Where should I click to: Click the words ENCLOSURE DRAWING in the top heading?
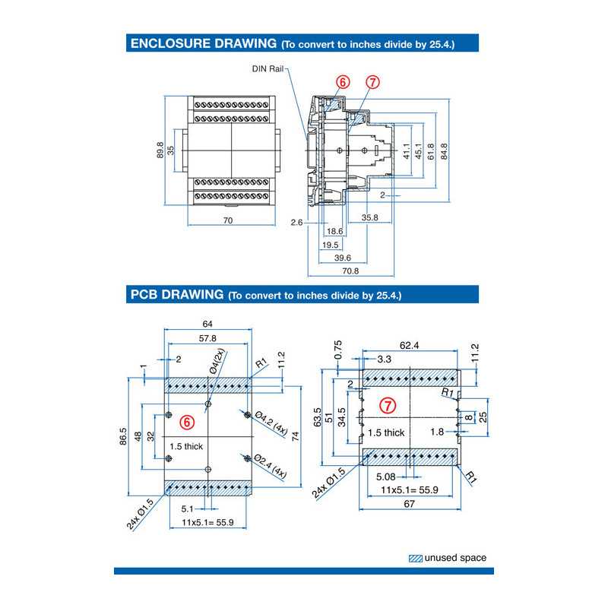(202, 43)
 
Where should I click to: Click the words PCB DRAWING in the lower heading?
(177, 294)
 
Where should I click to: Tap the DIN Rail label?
(268, 68)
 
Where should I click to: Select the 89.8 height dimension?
(160, 150)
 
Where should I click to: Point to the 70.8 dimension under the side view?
(350, 271)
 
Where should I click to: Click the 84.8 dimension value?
(443, 151)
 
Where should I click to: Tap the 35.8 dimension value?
(370, 217)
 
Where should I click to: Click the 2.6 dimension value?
(297, 222)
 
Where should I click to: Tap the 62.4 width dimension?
(410, 346)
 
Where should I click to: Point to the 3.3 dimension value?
(384, 358)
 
